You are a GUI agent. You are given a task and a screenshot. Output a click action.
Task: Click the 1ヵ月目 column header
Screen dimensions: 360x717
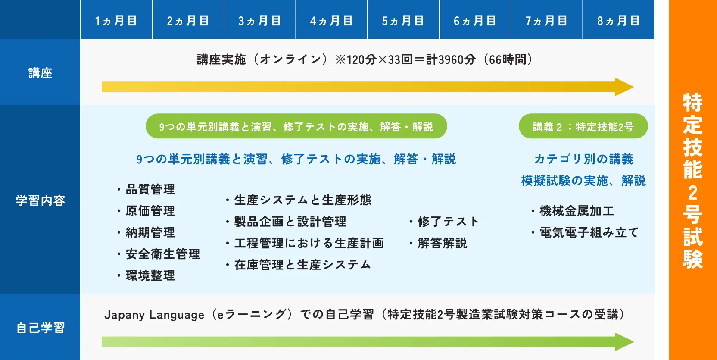coord(116,20)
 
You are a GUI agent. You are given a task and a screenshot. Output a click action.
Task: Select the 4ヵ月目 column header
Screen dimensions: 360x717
coord(331,20)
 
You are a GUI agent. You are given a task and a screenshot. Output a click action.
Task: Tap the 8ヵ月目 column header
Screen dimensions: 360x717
coord(618,20)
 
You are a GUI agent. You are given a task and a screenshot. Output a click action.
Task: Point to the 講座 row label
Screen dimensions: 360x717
coord(40,73)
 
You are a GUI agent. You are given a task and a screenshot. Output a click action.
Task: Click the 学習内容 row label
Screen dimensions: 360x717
coord(40,200)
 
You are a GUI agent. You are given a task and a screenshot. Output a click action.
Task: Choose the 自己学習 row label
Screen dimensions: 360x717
coord(40,328)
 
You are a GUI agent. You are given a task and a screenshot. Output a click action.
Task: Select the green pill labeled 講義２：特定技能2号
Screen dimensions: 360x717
coord(583,126)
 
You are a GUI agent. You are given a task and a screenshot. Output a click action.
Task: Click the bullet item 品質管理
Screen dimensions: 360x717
coord(150,189)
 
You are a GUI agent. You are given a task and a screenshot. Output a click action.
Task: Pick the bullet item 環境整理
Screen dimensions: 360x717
coord(150,275)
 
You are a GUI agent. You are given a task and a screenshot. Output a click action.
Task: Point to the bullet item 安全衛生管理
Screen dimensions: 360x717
coord(162,254)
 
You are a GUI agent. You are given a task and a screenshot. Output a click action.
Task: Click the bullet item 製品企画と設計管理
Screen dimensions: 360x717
coord(290,222)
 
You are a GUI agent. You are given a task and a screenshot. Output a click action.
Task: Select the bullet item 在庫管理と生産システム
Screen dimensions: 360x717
coord(302,265)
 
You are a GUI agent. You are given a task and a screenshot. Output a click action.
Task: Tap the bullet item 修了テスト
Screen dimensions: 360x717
coord(448,222)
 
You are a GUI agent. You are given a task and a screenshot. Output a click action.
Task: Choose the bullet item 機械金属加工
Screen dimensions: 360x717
coord(577,211)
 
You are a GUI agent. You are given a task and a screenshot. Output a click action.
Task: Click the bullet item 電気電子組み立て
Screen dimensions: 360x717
coord(589,232)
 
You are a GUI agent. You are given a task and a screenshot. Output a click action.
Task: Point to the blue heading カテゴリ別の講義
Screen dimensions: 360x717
coord(583,159)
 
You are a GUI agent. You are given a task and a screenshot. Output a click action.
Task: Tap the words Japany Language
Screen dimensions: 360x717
coord(154,315)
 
